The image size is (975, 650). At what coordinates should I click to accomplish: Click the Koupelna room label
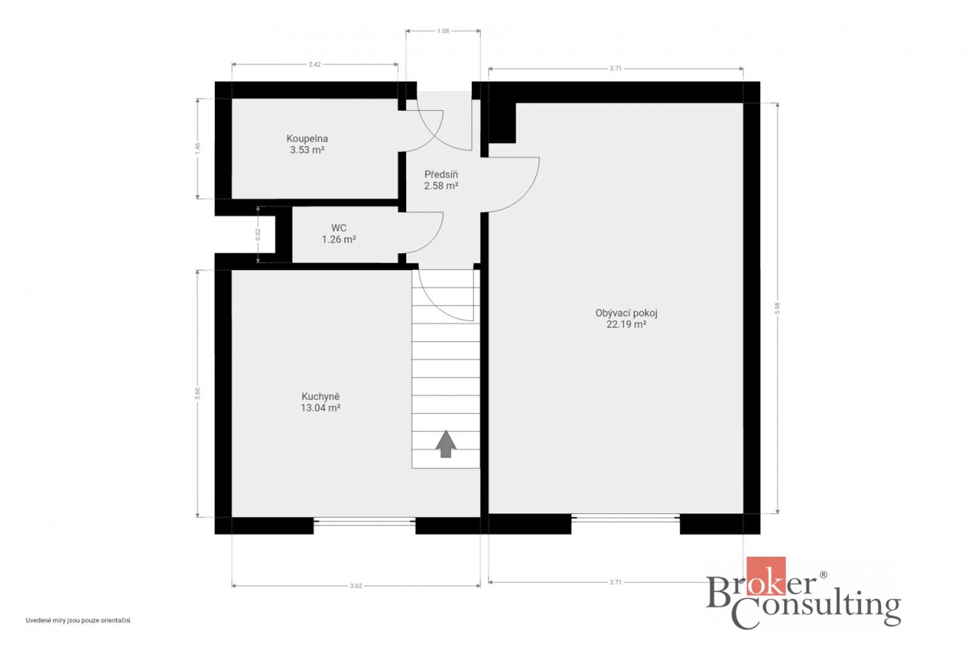click(307, 139)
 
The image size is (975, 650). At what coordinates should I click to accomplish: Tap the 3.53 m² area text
click(307, 150)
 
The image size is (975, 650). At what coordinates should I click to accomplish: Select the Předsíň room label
click(441, 174)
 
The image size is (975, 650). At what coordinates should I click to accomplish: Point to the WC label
click(339, 228)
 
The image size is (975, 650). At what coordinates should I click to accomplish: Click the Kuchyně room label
click(320, 397)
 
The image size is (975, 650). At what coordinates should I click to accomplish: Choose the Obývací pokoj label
click(626, 313)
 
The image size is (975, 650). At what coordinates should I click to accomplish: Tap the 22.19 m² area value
click(626, 324)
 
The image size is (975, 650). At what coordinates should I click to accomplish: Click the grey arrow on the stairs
click(446, 444)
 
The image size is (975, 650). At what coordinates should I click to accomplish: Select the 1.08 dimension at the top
click(443, 31)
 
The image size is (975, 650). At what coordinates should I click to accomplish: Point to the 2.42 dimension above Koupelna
click(315, 64)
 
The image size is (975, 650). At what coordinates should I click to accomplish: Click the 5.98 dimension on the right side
click(777, 308)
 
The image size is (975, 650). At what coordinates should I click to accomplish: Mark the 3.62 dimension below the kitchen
click(356, 586)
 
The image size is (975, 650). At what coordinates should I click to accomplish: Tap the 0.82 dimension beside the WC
click(258, 234)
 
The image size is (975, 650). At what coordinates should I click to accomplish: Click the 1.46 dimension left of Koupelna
click(198, 148)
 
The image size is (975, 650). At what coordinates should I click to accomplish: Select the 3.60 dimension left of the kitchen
click(198, 394)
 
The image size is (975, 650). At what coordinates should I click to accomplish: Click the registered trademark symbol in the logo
click(823, 575)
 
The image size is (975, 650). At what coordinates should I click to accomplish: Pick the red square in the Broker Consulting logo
click(766, 575)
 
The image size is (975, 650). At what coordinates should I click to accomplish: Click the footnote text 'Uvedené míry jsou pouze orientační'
click(79, 621)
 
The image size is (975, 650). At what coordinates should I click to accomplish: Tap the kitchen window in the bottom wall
click(365, 522)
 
